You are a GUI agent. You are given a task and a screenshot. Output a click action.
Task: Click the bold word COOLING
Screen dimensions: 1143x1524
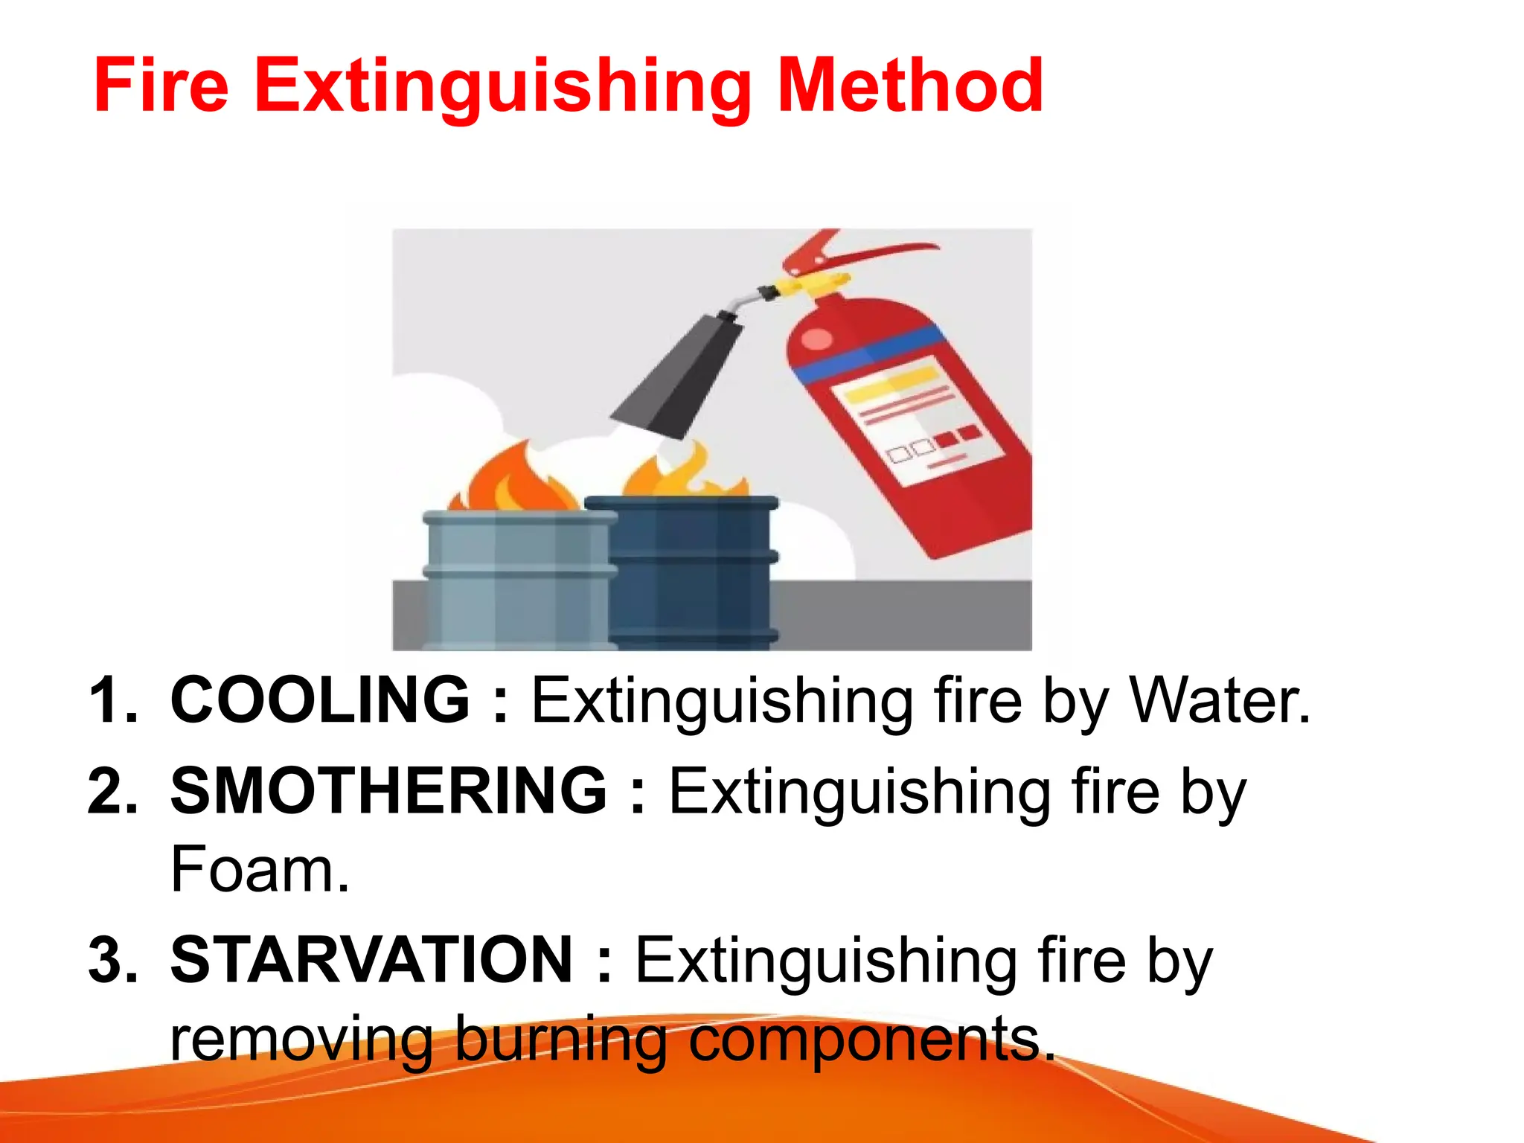click(321, 699)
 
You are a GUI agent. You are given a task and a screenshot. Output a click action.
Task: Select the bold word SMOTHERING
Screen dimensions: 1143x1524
click(388, 791)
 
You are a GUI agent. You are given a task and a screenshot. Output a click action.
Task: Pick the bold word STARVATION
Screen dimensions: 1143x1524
click(371, 961)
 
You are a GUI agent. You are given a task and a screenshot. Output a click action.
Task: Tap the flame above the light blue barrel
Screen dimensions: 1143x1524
click(513, 480)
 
